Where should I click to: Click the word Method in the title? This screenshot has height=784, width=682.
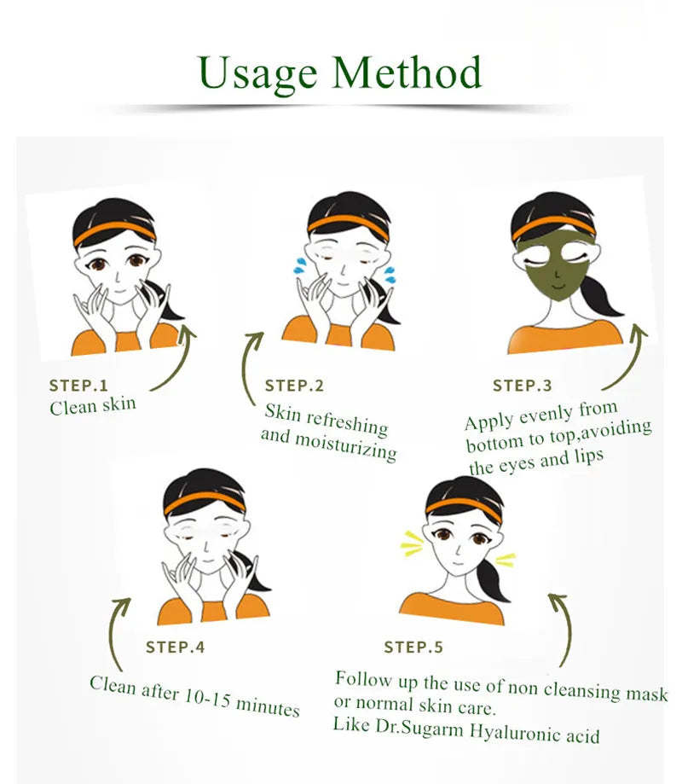click(407, 73)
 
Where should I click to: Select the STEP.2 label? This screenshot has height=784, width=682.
click(294, 386)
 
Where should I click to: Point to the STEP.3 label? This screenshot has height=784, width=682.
click(522, 386)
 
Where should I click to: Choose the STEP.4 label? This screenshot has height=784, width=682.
click(175, 647)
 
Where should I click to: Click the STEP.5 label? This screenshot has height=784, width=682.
click(413, 648)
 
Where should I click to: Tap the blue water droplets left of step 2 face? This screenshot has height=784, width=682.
click(299, 264)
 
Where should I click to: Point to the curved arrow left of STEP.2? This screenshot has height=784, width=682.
click(250, 367)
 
